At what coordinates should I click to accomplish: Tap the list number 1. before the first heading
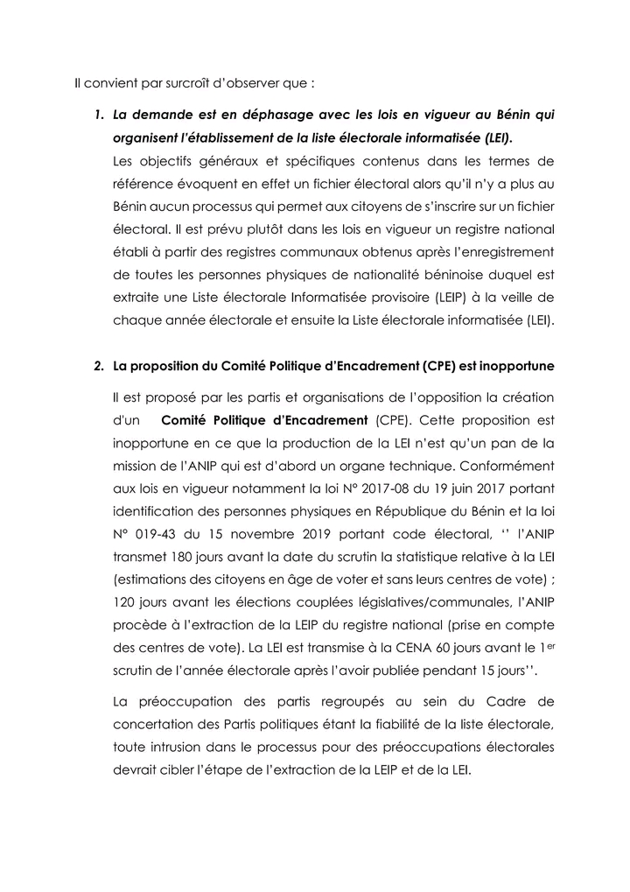coord(99,116)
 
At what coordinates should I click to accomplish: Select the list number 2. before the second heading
coord(99,366)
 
